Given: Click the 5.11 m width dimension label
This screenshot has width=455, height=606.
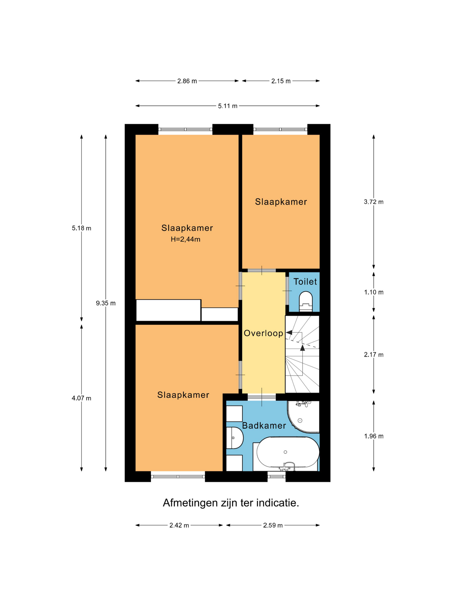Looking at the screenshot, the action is tap(227, 106).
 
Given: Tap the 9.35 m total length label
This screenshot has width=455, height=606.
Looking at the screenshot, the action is tap(106, 303).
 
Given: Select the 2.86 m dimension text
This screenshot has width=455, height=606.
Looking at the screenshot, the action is tap(187, 81).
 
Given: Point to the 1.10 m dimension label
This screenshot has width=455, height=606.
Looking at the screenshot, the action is tap(374, 292).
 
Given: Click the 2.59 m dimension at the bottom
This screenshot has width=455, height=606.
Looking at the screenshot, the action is tap(273, 526).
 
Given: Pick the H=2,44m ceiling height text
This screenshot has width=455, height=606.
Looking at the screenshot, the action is tap(185, 239).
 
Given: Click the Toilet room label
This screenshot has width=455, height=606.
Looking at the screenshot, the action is tap(305, 282).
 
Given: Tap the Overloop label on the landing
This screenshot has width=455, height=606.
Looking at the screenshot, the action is tap(264, 333).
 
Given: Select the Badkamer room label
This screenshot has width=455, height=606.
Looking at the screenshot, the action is tap(264, 425).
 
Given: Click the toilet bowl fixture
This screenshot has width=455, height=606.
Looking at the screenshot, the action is tap(306, 301).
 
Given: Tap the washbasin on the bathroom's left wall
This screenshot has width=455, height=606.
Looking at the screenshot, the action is tap(234, 438).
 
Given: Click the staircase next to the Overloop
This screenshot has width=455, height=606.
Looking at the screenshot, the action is tap(302, 354).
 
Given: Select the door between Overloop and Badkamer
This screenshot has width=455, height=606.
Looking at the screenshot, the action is tap(262, 397).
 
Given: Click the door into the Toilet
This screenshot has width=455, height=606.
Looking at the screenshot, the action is tap(287, 290).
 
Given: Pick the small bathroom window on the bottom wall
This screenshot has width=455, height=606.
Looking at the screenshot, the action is tap(276, 476).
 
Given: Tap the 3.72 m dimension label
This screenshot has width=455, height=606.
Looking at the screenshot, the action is tap(374, 202).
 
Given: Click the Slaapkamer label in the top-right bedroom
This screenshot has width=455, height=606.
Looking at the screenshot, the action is tap(281, 202).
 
